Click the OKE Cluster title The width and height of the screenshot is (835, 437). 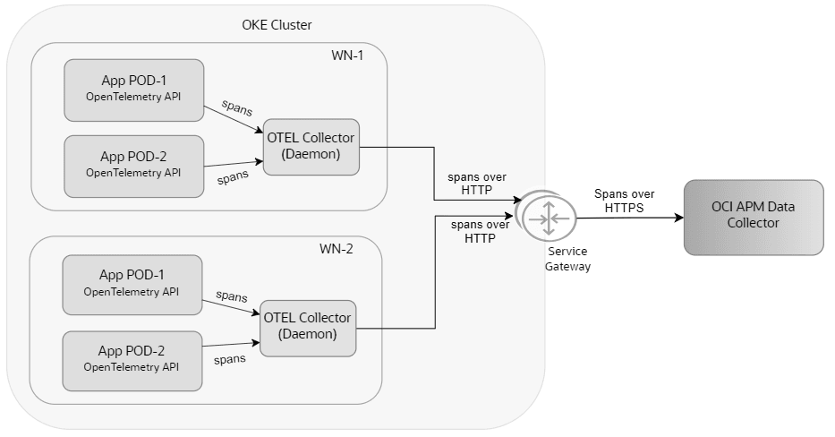(x=277, y=24)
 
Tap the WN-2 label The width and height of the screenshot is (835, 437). (x=337, y=249)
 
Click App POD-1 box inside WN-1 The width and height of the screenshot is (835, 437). (x=133, y=90)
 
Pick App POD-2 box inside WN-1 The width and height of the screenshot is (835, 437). (x=133, y=166)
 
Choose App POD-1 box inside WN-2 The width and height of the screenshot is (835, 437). (x=132, y=283)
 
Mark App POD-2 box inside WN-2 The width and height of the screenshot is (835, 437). (x=132, y=359)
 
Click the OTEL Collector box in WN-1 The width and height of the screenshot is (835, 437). (x=311, y=147)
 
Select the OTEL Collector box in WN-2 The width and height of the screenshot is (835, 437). (x=307, y=326)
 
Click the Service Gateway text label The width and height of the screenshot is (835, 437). (x=568, y=260)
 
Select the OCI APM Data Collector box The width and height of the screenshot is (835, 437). (x=753, y=216)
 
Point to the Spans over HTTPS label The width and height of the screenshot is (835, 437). (x=624, y=200)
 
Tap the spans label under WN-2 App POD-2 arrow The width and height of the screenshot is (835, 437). (x=230, y=359)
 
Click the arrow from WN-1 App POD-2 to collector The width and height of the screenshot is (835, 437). (x=233, y=164)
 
